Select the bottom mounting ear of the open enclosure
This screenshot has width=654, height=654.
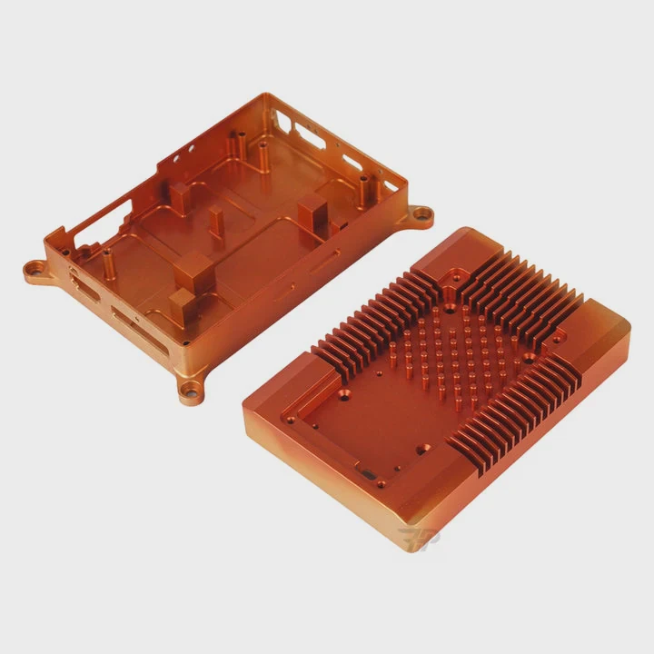click(191, 393)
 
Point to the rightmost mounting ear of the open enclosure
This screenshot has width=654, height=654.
click(419, 215)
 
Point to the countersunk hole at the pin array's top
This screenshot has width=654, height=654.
click(449, 309)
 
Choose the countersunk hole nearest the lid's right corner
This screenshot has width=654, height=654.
click(528, 360)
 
